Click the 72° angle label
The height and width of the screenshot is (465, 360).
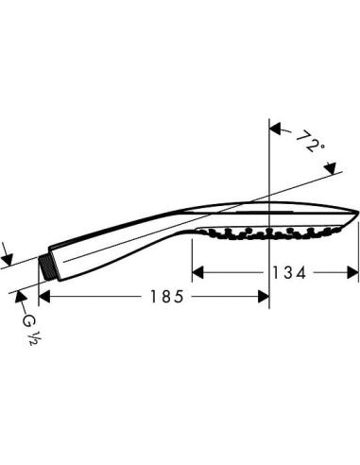[310, 142]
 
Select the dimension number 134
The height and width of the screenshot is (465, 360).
[289, 273]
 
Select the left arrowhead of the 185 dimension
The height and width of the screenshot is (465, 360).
[44, 296]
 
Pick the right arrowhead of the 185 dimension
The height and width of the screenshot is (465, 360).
[263, 296]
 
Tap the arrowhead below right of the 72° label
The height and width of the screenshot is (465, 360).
[332, 168]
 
